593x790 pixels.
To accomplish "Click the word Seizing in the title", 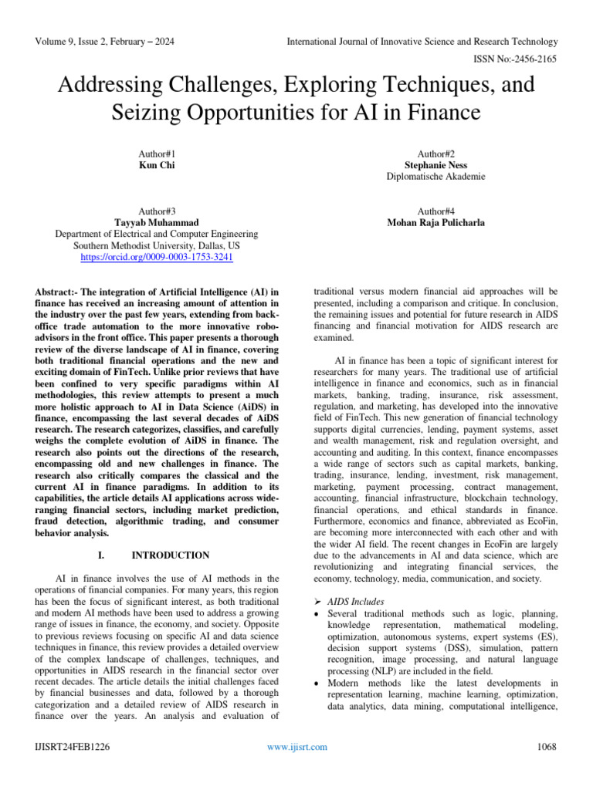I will point(152,113).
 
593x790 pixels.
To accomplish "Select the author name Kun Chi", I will point(158,165).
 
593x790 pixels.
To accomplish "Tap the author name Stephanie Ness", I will point(435,165).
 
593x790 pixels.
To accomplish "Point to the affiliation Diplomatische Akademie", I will point(435,177).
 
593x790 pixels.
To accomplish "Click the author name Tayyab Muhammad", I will point(157,222).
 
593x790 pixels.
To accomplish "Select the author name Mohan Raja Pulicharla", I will point(435,222).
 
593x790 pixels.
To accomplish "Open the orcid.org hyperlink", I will point(157,257).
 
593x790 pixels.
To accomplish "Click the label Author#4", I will point(435,211).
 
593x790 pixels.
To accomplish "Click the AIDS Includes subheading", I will point(357,601).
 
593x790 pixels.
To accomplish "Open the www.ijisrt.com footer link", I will point(296,746).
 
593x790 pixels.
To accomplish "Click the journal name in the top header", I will point(422,41).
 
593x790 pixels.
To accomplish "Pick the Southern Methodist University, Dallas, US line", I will point(157,245).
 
